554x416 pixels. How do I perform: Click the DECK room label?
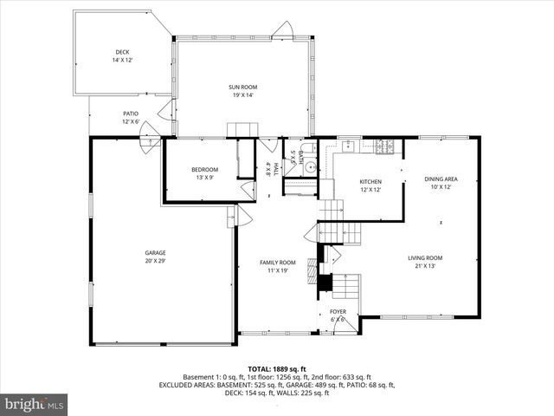tap(122, 52)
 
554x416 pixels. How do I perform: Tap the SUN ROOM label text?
tap(242, 87)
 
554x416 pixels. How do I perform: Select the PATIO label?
tap(131, 114)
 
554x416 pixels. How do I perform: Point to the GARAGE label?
tap(156, 253)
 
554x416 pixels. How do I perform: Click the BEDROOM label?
tap(205, 169)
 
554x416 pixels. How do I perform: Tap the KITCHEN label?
tap(370, 182)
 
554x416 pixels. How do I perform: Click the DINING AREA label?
tap(441, 179)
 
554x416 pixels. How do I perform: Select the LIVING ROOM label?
tap(426, 257)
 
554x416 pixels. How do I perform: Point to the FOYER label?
tap(338, 311)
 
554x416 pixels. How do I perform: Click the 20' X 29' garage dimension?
tap(156, 261)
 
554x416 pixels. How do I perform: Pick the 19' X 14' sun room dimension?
tap(242, 94)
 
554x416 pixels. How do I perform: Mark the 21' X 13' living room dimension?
tap(426, 266)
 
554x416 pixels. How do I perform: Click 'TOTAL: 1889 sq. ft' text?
tap(277, 369)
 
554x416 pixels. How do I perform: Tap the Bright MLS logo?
tap(35, 404)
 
